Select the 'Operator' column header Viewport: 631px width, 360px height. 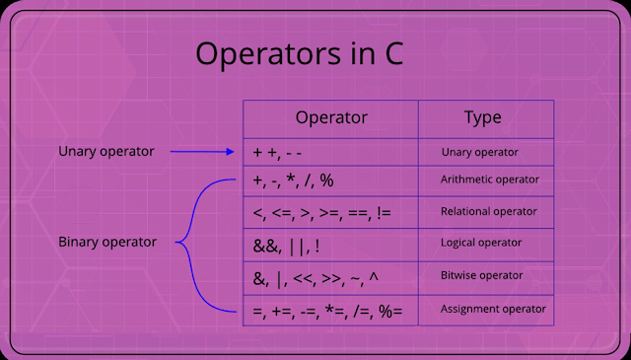[331, 117]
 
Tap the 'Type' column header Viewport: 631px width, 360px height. [483, 117]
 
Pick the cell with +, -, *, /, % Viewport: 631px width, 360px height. [294, 180]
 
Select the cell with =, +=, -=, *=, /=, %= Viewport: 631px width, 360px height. [320, 311]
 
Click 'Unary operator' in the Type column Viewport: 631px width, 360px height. [481, 152]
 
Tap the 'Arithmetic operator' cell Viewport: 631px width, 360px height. [490, 180]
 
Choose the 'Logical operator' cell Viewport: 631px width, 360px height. [482, 242]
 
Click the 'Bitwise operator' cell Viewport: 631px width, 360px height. [482, 275]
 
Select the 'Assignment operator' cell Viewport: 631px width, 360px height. [492, 310]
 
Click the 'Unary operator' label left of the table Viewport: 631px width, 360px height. [106, 152]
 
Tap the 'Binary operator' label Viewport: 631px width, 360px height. [107, 242]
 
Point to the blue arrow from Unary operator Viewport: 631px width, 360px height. [202, 152]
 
